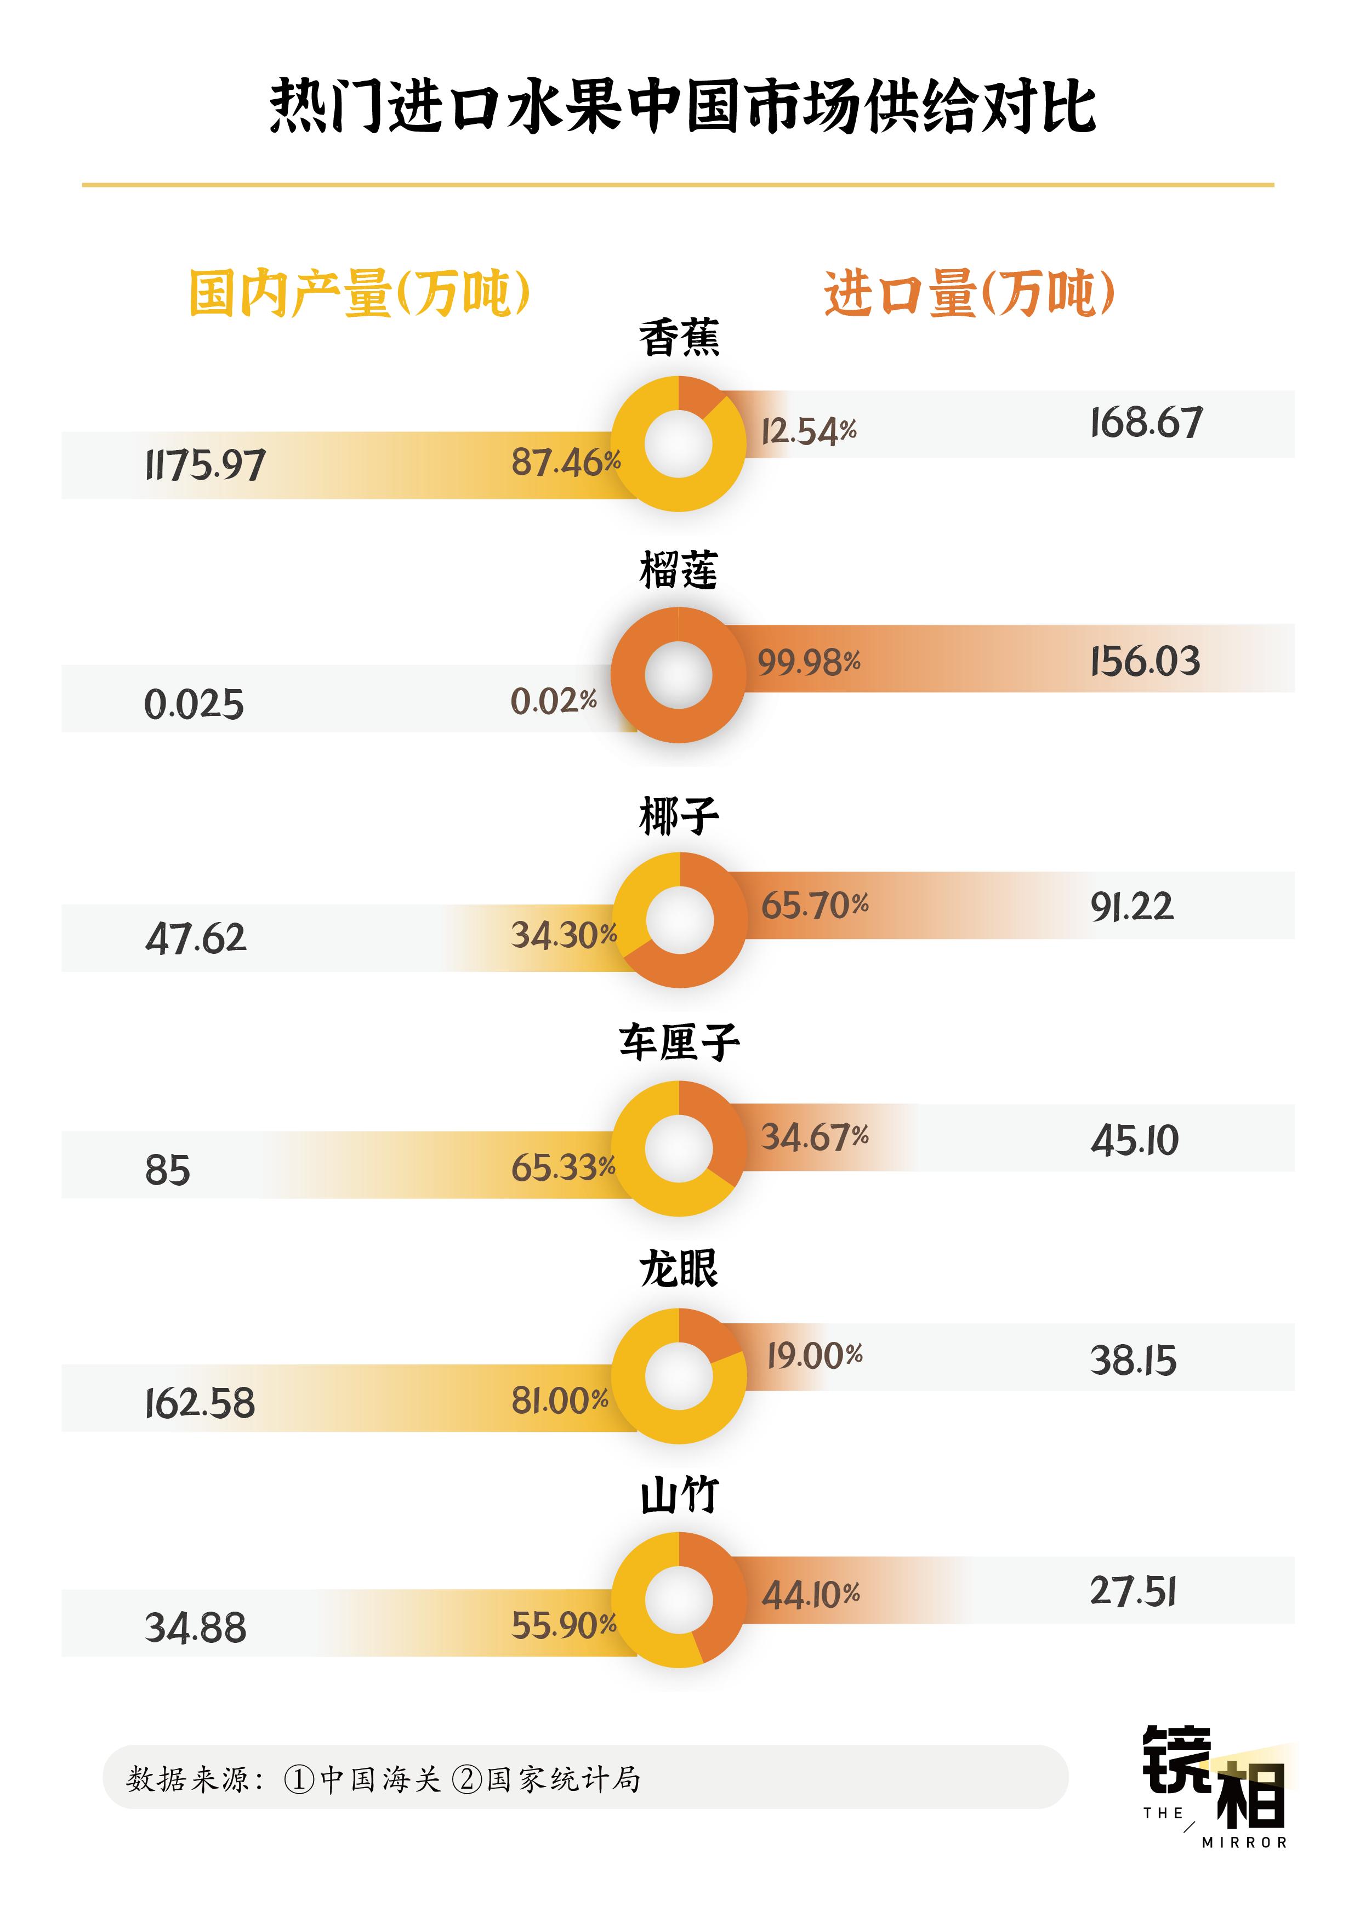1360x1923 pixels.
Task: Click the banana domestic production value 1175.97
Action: tap(205, 465)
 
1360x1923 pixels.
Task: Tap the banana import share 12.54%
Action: tap(808, 431)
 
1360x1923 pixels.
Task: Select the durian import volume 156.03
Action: tap(1145, 662)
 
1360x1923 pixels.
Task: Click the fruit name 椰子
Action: tap(678, 817)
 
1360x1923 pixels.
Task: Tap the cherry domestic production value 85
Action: tap(168, 1169)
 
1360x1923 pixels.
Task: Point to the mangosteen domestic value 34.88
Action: tap(196, 1628)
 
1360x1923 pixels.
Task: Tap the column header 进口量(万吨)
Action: tap(969, 293)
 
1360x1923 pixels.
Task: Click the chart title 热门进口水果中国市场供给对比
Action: tap(682, 107)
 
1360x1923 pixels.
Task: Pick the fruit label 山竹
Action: tap(678, 1495)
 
